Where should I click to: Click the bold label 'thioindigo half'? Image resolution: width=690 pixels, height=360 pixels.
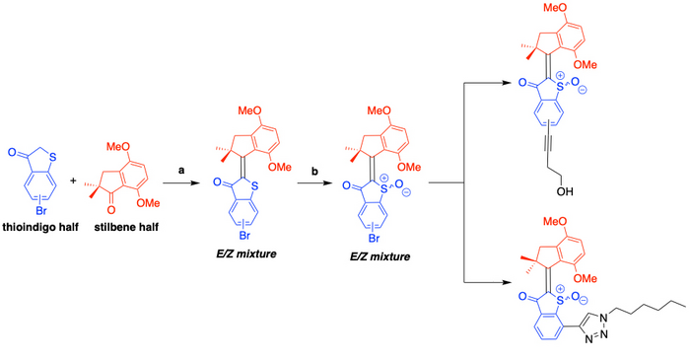click(x=40, y=227)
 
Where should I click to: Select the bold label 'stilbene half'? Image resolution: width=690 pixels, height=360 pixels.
click(x=126, y=227)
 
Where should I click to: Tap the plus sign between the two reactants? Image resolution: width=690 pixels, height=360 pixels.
click(x=73, y=180)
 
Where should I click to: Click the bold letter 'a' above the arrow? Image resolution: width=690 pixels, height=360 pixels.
click(x=180, y=171)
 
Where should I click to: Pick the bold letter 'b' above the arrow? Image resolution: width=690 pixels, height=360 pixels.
click(x=314, y=171)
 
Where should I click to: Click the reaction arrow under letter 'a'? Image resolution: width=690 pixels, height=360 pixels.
click(x=179, y=182)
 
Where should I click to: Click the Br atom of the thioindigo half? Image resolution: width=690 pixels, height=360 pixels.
click(x=41, y=211)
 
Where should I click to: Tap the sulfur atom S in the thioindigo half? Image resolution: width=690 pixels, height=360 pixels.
click(x=53, y=157)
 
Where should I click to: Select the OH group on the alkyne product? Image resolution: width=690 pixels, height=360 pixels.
click(x=565, y=191)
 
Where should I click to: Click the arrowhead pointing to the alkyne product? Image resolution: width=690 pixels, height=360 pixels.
click(x=508, y=83)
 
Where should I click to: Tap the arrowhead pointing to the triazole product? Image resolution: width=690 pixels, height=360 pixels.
click(x=508, y=282)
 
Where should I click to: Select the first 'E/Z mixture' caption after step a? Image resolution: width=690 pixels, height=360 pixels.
click(x=246, y=253)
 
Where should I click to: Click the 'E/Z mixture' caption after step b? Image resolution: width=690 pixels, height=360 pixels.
click(x=379, y=256)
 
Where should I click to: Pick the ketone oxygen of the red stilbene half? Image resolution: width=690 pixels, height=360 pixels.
click(x=111, y=210)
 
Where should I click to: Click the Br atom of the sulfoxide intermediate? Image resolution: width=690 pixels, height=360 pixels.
click(x=374, y=239)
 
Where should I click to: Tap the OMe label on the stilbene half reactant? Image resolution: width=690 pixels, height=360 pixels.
click(x=148, y=203)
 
